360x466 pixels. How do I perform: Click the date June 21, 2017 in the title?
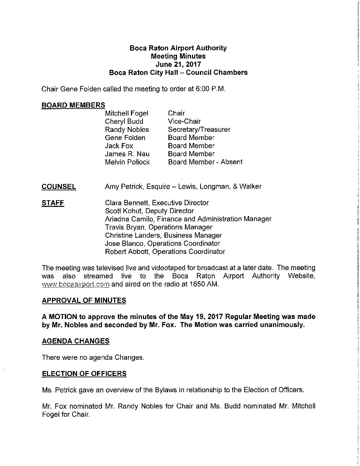[x=178, y=64]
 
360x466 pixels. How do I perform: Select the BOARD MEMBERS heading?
[x=73, y=105]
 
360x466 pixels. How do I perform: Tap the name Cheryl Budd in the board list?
[x=124, y=121]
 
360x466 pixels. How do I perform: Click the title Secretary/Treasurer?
[x=199, y=129]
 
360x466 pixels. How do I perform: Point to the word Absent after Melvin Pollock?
[x=231, y=162]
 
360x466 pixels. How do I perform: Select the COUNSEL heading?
[x=59, y=187]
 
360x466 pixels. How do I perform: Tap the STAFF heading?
[x=53, y=203]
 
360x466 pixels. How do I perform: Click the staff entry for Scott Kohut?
[x=149, y=211]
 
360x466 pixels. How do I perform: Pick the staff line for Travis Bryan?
[x=158, y=227]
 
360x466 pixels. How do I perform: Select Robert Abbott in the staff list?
[x=165, y=252]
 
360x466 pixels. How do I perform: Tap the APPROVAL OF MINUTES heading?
[x=84, y=301]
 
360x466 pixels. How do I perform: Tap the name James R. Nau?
[x=127, y=154]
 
